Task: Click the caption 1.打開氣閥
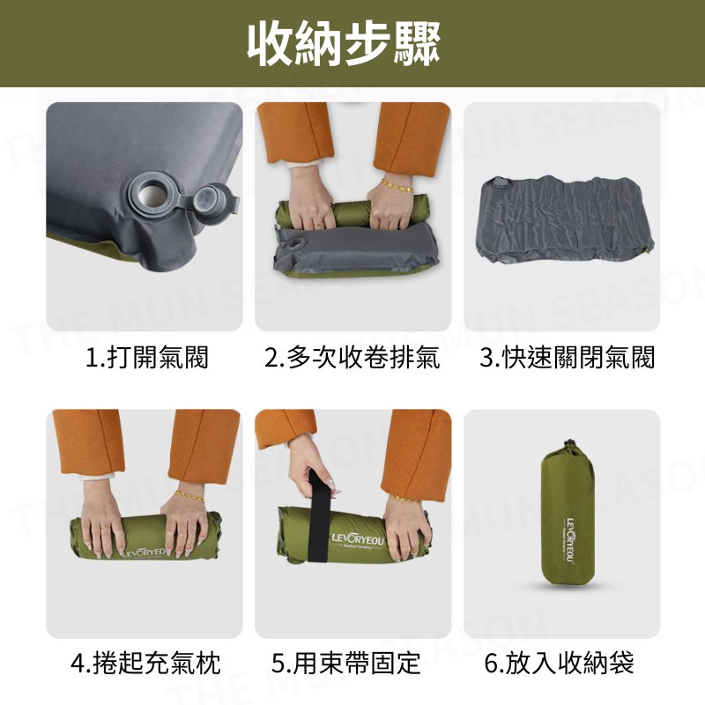[146, 358]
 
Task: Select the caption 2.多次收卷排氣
[352, 358]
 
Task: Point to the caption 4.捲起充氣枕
[146, 662]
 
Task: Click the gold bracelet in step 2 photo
[397, 187]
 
